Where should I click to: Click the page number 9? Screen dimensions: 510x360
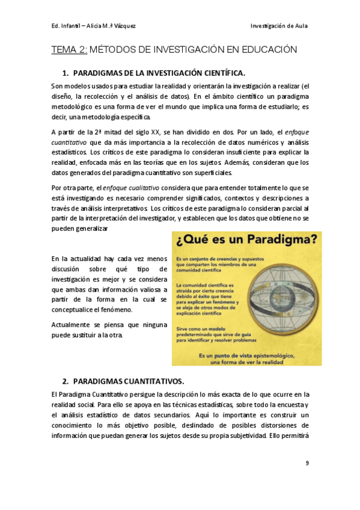tap(307, 462)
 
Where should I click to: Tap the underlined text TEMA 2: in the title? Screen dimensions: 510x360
tap(70, 49)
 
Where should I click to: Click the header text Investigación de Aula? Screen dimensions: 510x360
tap(279, 25)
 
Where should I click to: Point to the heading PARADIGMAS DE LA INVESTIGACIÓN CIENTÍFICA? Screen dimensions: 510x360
tap(159, 73)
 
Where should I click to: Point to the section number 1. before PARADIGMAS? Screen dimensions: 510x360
tap(66, 73)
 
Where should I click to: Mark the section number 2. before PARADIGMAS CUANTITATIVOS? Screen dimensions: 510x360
tap(66, 381)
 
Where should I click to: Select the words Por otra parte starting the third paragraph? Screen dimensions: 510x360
tap(72, 188)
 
